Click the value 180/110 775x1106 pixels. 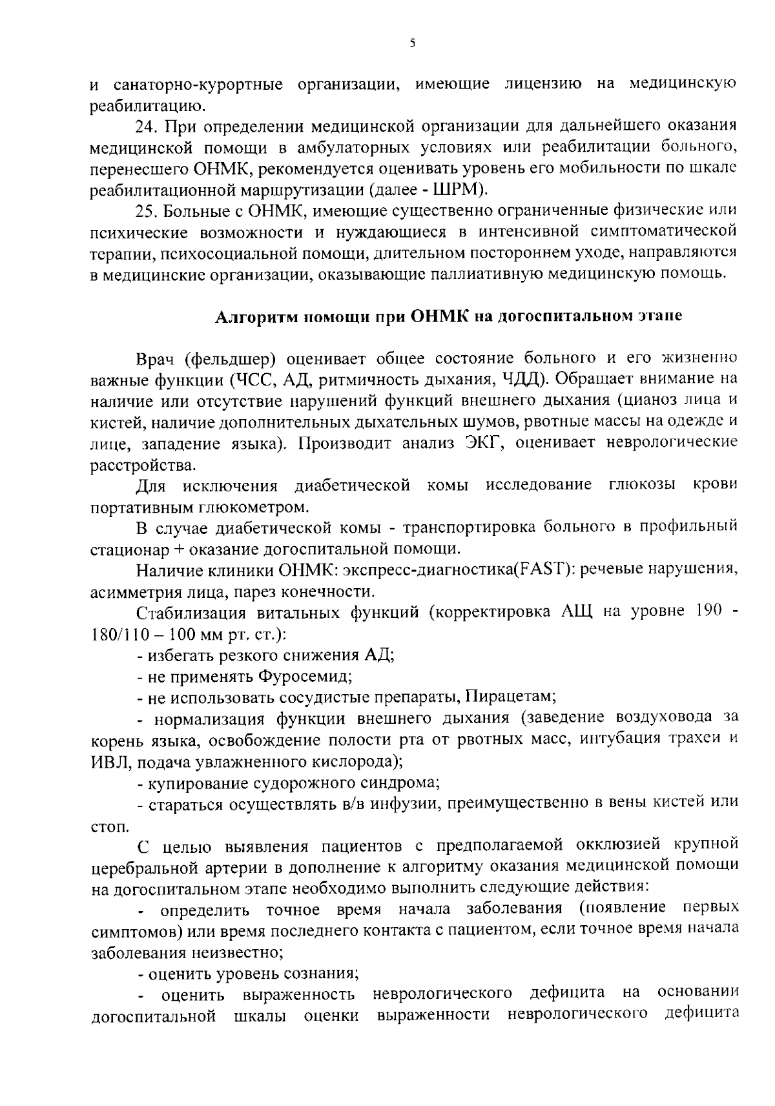[115, 633]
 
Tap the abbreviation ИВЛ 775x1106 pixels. [108, 761]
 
